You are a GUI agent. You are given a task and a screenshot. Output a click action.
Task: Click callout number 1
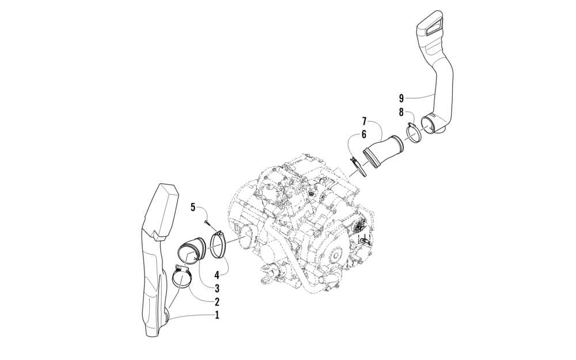click(x=217, y=315)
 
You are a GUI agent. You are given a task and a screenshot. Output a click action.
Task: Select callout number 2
click(x=217, y=302)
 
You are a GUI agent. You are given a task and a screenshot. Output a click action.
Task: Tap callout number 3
click(x=217, y=287)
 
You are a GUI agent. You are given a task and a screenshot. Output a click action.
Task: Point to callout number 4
click(x=217, y=274)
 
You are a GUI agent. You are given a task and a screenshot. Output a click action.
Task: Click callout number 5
click(x=193, y=207)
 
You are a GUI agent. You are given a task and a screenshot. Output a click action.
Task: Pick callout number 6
click(x=363, y=134)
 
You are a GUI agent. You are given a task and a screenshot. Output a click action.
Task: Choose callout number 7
click(x=364, y=120)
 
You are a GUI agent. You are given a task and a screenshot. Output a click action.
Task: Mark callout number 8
click(x=401, y=112)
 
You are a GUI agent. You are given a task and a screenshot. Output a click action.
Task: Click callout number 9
click(x=401, y=98)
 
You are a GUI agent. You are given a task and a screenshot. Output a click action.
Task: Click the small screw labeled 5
click(x=206, y=222)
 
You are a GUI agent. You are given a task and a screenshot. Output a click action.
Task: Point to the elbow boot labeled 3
click(x=192, y=249)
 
